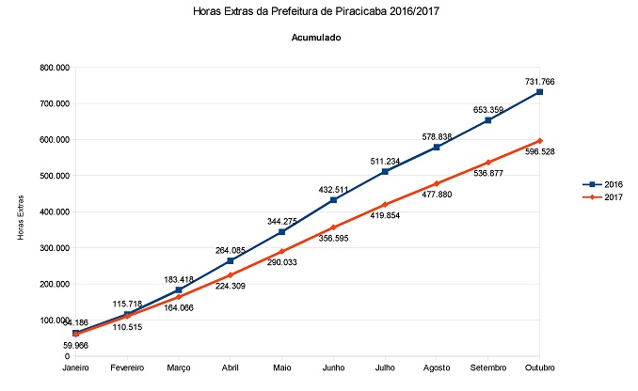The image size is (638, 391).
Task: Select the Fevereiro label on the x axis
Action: click(x=127, y=368)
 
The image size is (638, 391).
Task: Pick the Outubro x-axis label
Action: click(x=540, y=368)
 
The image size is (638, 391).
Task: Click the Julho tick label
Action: click(x=385, y=368)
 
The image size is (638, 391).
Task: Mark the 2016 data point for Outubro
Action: click(x=539, y=92)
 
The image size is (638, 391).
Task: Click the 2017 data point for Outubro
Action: click(x=539, y=141)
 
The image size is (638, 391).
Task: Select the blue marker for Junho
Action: click(x=333, y=200)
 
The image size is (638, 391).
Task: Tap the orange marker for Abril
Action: click(x=231, y=275)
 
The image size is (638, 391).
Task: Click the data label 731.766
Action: click(x=539, y=82)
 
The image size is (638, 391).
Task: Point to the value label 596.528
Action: click(x=539, y=151)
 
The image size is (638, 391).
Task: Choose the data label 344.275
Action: click(x=281, y=220)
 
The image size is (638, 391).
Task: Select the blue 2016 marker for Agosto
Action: click(x=437, y=148)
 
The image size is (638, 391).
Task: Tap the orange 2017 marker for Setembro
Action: click(x=488, y=163)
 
